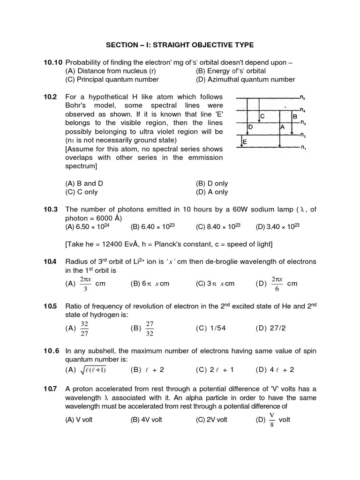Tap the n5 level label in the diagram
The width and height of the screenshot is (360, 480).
303,98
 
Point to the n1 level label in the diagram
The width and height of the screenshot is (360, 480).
303,148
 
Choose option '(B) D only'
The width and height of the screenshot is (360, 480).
212,184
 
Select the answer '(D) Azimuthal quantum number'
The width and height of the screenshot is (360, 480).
245,80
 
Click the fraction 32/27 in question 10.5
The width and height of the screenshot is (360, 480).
85,328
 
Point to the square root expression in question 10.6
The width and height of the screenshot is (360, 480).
93,370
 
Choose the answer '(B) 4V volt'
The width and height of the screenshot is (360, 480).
146,420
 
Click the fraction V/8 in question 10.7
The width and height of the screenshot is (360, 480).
271,420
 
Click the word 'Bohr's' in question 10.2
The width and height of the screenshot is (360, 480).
77,105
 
